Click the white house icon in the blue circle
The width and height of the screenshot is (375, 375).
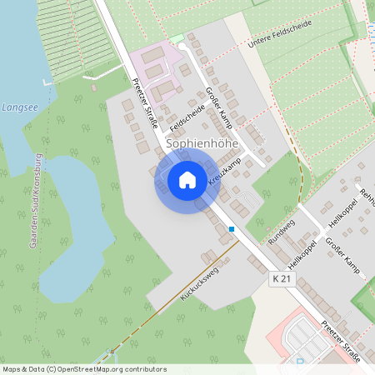point(187,179)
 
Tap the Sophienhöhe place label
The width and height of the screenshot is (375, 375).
point(202,143)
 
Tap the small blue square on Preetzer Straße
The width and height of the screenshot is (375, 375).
point(232,228)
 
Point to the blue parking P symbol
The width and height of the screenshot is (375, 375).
point(300,362)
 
